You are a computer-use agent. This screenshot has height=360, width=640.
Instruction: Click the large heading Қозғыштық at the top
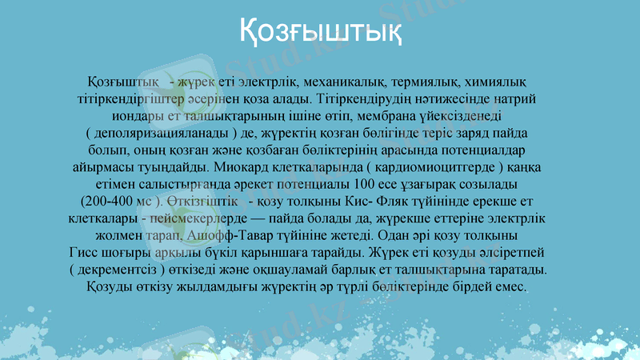[320, 34]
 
